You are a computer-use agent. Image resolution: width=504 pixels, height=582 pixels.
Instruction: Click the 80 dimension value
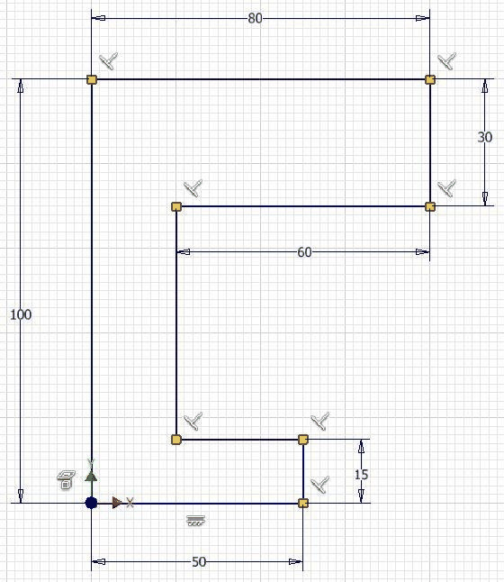pyautogui.click(x=255, y=18)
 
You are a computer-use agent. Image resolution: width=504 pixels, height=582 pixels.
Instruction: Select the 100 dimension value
pyautogui.click(x=21, y=314)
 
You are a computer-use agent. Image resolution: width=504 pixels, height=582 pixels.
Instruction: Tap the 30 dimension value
pyautogui.click(x=485, y=137)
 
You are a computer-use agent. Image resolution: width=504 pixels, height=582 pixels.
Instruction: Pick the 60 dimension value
pyautogui.click(x=304, y=252)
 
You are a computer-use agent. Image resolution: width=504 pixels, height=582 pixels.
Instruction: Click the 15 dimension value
pyautogui.click(x=361, y=475)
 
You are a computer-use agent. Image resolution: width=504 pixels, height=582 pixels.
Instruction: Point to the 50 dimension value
pyautogui.click(x=199, y=562)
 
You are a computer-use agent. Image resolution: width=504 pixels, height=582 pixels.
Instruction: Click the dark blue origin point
pyautogui.click(x=91, y=503)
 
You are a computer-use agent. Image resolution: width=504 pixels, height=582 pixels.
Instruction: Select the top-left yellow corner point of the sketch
pyautogui.click(x=92, y=79)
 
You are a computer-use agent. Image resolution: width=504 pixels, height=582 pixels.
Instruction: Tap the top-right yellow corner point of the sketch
pyautogui.click(x=430, y=79)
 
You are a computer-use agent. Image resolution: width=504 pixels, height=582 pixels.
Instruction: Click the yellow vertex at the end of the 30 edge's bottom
pyautogui.click(x=430, y=206)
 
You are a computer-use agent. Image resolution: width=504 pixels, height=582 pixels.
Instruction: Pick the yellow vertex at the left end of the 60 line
pyautogui.click(x=176, y=206)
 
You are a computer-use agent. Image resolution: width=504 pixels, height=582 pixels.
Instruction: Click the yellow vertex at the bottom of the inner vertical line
pyautogui.click(x=176, y=440)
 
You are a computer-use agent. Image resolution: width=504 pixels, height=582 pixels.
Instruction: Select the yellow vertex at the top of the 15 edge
pyautogui.click(x=303, y=440)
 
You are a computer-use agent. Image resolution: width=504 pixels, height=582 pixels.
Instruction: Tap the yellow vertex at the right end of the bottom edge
pyautogui.click(x=303, y=503)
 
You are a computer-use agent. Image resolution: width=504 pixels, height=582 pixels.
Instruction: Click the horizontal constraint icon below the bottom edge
pyautogui.click(x=195, y=521)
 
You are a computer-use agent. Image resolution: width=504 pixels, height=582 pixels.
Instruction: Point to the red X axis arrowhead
pyautogui.click(x=117, y=503)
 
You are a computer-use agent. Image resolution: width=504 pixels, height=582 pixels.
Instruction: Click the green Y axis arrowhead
pyautogui.click(x=91, y=477)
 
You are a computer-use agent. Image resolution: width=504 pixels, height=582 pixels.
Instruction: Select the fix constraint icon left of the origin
pyautogui.click(x=66, y=480)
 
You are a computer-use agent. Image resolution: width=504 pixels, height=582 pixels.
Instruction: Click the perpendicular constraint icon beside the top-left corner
pyautogui.click(x=109, y=61)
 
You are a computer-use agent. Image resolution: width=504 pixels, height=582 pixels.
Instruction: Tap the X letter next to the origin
pyautogui.click(x=130, y=503)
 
